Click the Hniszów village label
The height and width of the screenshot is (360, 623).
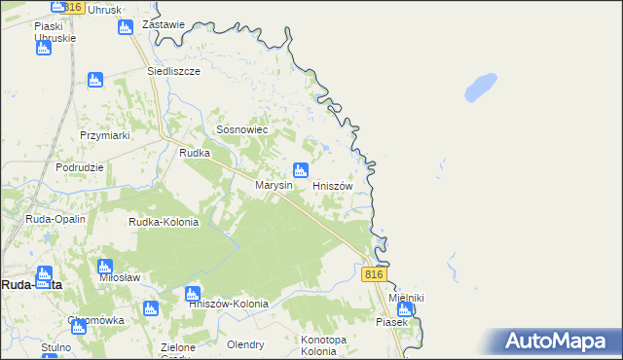coord(338,185)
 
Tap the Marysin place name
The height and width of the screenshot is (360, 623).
coord(274,185)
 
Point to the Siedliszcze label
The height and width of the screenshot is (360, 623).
coord(173,72)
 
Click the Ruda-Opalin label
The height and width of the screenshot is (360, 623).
coord(55,219)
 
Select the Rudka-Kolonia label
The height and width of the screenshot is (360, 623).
coord(164,222)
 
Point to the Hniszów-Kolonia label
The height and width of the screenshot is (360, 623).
coord(228,304)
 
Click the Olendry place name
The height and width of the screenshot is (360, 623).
coord(245,344)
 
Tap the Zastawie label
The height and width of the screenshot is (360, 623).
coord(163,24)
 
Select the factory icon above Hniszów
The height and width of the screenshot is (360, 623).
coord(302,170)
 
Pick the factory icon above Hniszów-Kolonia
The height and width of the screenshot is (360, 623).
coord(193,293)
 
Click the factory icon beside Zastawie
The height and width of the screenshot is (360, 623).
coord(125,26)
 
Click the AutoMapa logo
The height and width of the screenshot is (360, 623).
coord(560,342)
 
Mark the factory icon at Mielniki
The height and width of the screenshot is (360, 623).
coord(405,309)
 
